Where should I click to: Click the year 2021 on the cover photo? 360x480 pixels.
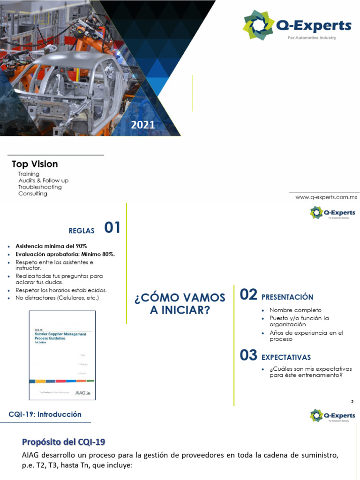point(143,125)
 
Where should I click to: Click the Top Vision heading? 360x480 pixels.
point(35,164)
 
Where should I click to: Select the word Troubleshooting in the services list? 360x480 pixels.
point(40,187)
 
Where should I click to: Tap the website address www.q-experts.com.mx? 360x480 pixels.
point(326,197)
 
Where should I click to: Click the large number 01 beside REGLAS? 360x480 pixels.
point(112,228)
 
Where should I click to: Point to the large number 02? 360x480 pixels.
point(248,295)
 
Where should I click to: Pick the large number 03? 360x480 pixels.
point(248,355)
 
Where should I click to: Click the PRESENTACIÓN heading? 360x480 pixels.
point(287,297)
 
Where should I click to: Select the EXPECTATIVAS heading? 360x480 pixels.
point(286,358)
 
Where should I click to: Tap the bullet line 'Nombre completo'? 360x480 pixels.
point(295,310)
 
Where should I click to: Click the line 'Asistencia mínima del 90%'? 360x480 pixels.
point(51,246)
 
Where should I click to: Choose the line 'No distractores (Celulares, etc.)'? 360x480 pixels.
point(57,298)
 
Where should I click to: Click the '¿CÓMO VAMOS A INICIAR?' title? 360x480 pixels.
point(180,304)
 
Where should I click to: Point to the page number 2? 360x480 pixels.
point(352,402)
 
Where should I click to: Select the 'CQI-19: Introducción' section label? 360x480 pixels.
point(45,414)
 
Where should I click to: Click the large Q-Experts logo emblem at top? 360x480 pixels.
point(258,25)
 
